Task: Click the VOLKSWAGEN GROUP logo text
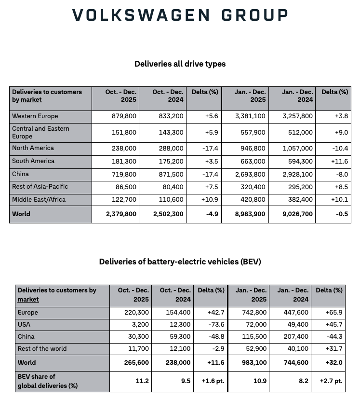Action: coord(180,15)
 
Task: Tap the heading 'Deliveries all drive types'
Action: coord(180,64)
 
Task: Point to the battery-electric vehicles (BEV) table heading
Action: coord(180,262)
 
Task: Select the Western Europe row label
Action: coord(35,116)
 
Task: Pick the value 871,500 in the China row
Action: coord(171,174)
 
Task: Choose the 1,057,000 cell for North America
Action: coord(299,149)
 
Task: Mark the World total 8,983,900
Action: coord(251,214)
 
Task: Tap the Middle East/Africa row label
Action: coord(39,200)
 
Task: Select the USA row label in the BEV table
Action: coord(25,325)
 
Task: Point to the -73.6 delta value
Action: coord(214,325)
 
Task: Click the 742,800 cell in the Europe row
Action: coord(253,313)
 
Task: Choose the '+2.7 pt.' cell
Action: coord(331,381)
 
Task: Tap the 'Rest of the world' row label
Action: coord(42,349)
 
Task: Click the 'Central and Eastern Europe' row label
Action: coord(40,133)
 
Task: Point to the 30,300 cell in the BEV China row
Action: coord(139,337)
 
